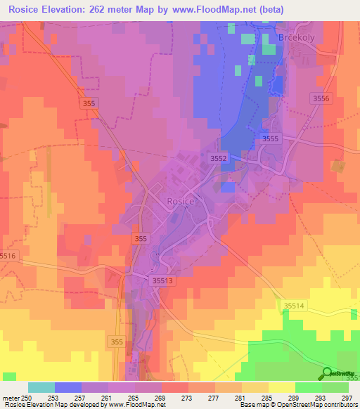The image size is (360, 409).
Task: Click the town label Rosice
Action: point(180,201)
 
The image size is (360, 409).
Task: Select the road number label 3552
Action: point(218,159)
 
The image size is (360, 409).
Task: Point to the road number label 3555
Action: point(270,139)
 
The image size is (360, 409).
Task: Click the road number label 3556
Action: point(320,99)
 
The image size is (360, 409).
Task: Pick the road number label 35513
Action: point(162,280)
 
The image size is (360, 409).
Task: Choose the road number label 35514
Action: point(295,304)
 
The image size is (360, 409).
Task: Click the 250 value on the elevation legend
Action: point(26,397)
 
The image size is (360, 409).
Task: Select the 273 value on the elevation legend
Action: point(188,397)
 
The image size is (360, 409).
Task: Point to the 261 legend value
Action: point(108,397)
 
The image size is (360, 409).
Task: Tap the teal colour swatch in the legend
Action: point(41,387)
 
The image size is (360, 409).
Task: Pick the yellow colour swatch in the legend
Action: point(281,387)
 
